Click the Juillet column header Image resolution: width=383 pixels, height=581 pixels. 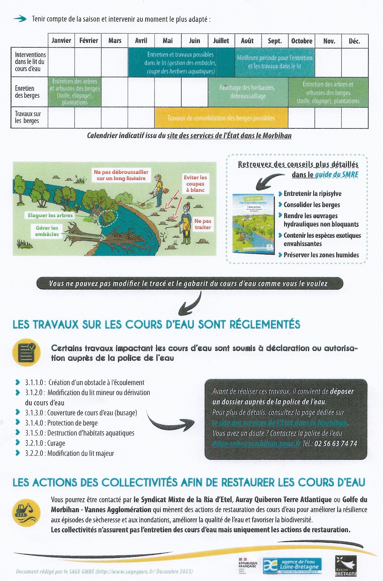click(221, 41)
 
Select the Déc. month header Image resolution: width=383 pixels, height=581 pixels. click(354, 41)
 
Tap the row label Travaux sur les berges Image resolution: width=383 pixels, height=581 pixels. click(28, 117)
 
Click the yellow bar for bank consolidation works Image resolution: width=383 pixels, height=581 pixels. click(221, 118)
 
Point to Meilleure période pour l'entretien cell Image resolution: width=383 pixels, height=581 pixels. click(274, 62)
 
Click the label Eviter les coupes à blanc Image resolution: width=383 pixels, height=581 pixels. click(195, 184)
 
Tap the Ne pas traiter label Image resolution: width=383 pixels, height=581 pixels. click(203, 224)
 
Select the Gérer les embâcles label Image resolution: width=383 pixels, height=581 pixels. click(47, 231)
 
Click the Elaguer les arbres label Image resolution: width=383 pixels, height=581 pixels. click(50, 215)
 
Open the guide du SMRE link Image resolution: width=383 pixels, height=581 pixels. click(337, 175)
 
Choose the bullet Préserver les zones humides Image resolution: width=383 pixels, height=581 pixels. click(321, 255)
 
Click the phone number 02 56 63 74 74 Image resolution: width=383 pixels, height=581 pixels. click(336, 443)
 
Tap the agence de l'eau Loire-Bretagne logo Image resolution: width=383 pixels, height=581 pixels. click(292, 565)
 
